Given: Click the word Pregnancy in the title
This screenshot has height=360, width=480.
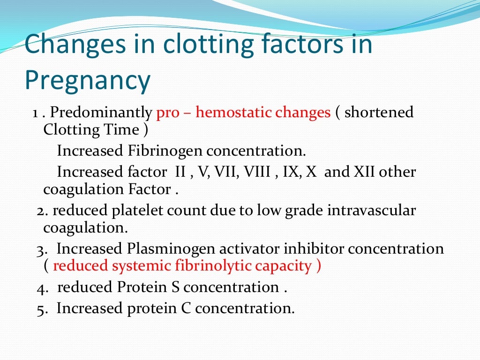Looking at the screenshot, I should coord(88,80).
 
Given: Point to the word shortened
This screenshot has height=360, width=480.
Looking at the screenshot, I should coord(379,112).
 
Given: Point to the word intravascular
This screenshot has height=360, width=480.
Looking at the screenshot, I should coord(371,210).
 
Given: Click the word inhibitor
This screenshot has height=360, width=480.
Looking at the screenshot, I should coord(319,248).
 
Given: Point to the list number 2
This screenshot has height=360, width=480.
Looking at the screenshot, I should coord(41,211).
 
